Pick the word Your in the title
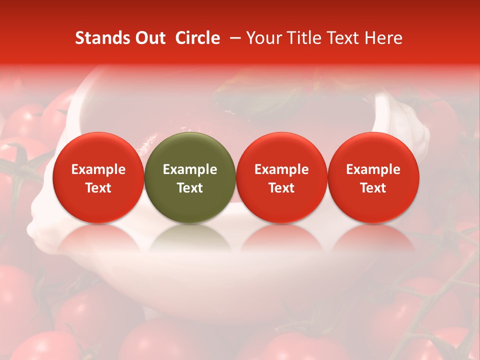(x=262, y=38)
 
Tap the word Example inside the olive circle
(x=190, y=169)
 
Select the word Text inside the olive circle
(x=190, y=188)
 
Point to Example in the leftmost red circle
(x=98, y=169)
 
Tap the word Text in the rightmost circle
(x=373, y=188)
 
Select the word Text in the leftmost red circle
(x=98, y=188)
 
